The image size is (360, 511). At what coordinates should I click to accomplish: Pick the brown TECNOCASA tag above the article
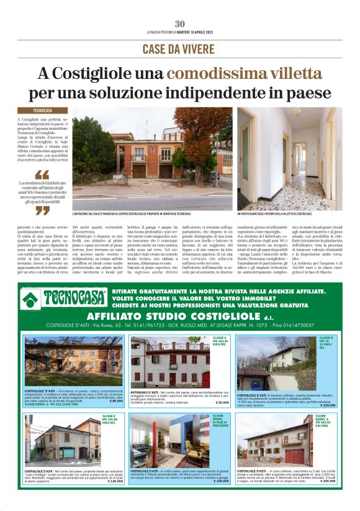[x=43, y=110]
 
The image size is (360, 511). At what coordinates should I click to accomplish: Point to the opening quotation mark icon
[x=42, y=174]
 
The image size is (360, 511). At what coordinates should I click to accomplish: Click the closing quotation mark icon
[x=42, y=210]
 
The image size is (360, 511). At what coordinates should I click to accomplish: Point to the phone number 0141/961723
[x=142, y=325]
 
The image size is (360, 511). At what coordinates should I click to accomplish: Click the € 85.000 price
[x=115, y=400]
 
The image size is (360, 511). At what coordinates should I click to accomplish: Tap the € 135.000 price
[x=115, y=481]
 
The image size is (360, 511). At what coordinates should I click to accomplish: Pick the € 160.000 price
[x=220, y=481]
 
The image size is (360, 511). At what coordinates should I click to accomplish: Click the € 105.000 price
[x=326, y=481]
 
